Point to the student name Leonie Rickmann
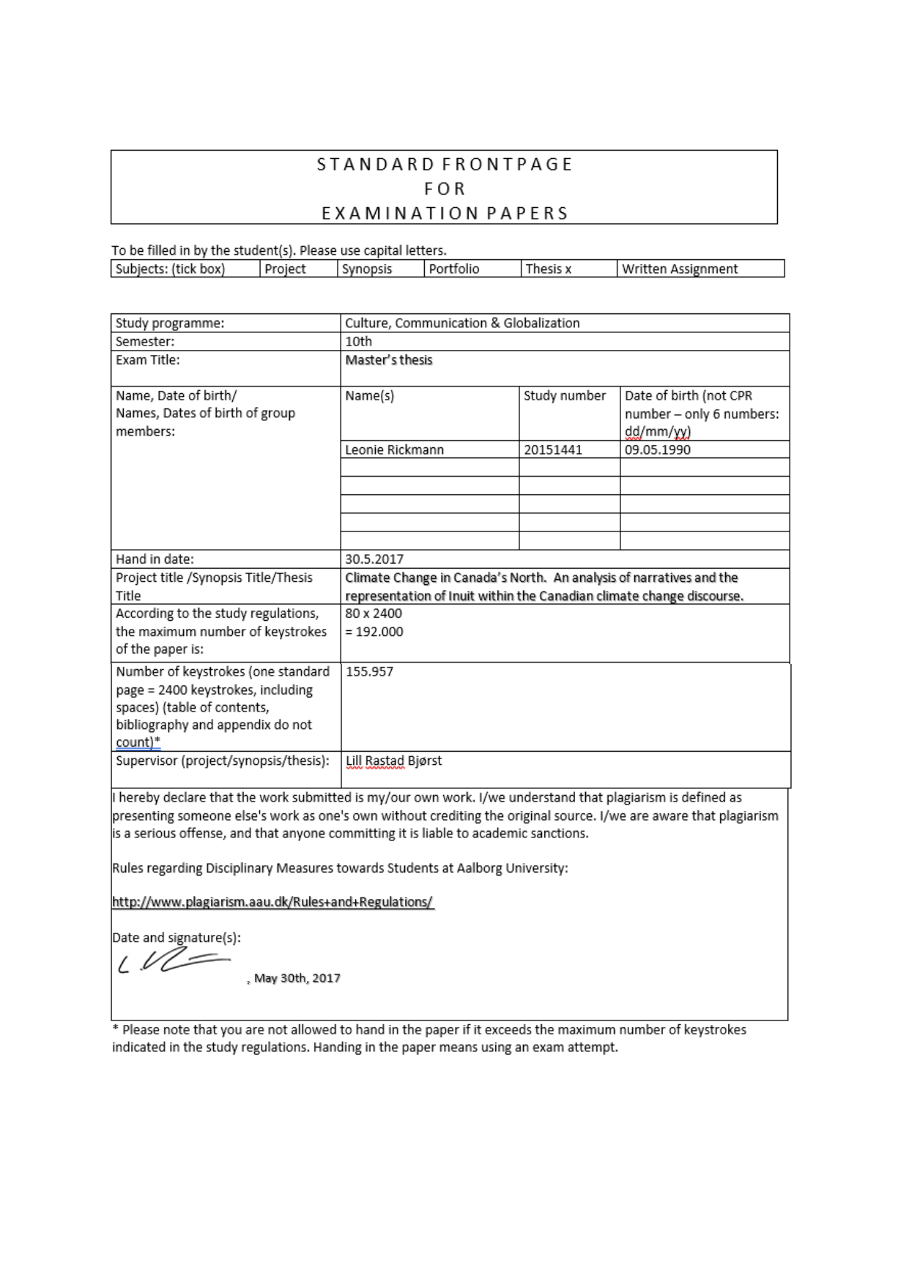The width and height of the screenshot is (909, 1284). (394, 449)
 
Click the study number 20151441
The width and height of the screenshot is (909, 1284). (553, 449)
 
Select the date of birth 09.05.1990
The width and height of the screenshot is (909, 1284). (657, 449)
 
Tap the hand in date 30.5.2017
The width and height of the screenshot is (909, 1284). (374, 559)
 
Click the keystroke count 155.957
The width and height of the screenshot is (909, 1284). (369, 671)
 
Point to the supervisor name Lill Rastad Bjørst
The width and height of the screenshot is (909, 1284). (393, 761)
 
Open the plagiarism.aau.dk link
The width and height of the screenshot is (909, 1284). (272, 902)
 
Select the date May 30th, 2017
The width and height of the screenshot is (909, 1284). (297, 978)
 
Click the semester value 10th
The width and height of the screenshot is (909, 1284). (358, 341)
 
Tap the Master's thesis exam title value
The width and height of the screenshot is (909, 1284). (388, 359)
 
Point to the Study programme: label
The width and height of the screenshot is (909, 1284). (170, 323)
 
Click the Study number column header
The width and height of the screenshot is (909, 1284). (565, 395)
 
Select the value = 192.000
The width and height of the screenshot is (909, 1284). (374, 631)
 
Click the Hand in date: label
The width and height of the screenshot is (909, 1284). (155, 559)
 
